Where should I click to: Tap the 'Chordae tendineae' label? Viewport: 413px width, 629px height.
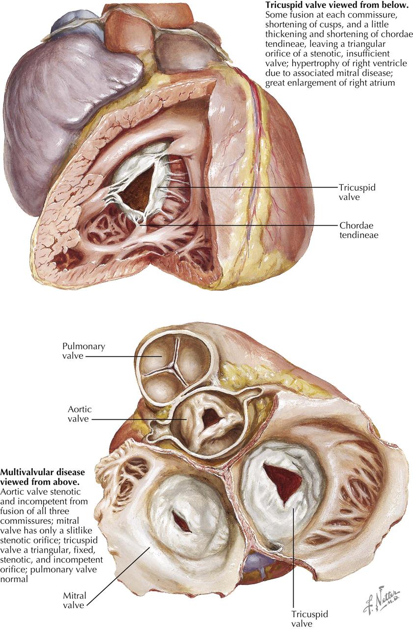(358, 230)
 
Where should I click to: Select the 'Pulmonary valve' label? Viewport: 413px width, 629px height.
(83, 351)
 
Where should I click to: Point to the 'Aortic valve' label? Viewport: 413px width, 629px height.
(79, 414)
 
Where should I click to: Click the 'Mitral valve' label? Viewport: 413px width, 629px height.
(75, 600)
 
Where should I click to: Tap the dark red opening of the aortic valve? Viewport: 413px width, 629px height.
(211, 418)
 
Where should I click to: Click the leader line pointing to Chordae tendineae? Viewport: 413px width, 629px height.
(246, 226)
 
